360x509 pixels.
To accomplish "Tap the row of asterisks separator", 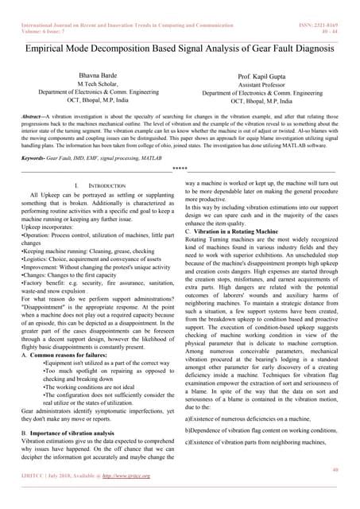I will (x=180, y=169).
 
